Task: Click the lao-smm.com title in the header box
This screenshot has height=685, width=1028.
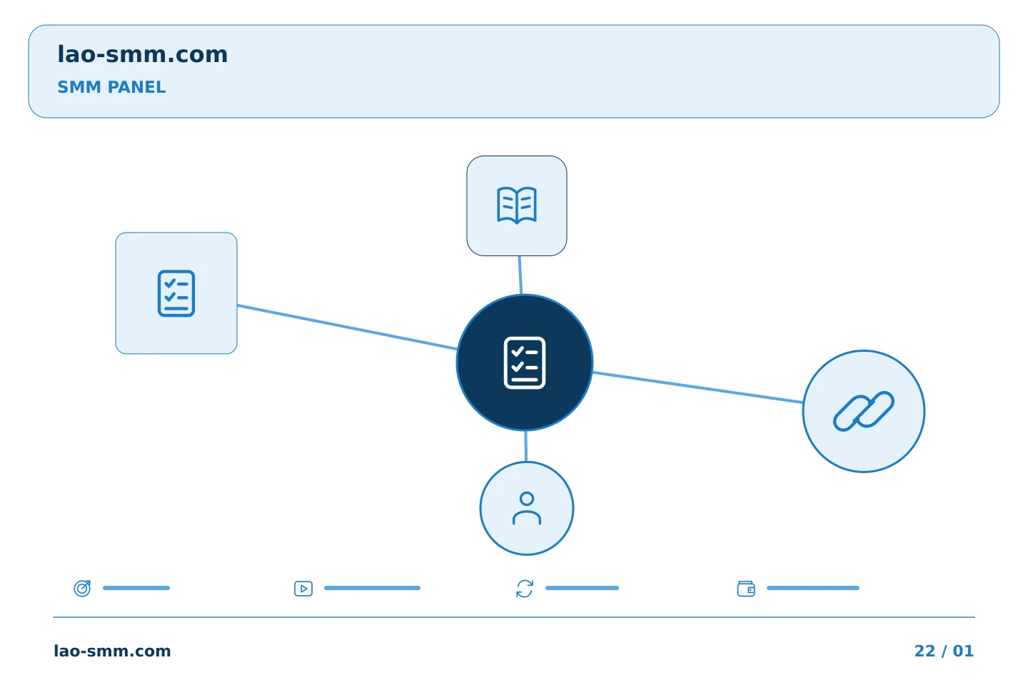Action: pyautogui.click(x=142, y=54)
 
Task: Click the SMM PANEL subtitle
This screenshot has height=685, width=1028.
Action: pyautogui.click(x=111, y=87)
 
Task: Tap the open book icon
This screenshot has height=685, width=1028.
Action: pyautogui.click(x=517, y=205)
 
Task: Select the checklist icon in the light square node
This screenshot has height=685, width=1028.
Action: pyautogui.click(x=176, y=293)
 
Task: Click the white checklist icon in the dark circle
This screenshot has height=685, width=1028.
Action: pyautogui.click(x=525, y=362)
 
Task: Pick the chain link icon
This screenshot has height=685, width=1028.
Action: pyautogui.click(x=864, y=411)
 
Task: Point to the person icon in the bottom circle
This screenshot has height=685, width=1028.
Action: pyautogui.click(x=527, y=508)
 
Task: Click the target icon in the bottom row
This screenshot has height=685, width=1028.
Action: pyautogui.click(x=83, y=588)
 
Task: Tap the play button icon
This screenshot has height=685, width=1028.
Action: pyautogui.click(x=303, y=589)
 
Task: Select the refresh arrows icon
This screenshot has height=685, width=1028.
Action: pyautogui.click(x=525, y=589)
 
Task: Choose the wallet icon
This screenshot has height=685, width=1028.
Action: pyautogui.click(x=746, y=589)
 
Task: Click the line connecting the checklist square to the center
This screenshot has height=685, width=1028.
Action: pyautogui.click(x=348, y=327)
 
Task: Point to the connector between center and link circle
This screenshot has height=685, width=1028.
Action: pyautogui.click(x=697, y=387)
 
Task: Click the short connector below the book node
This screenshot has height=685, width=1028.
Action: pyautogui.click(x=520, y=275)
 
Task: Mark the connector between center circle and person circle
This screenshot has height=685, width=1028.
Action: pyautogui.click(x=526, y=446)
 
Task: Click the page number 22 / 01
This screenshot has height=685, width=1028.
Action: pyautogui.click(x=944, y=651)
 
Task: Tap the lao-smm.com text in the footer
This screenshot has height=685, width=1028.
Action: pyautogui.click(x=113, y=651)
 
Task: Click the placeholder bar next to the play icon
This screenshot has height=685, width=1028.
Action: pyautogui.click(x=372, y=588)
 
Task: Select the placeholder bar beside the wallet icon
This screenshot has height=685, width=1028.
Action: pyautogui.click(x=812, y=588)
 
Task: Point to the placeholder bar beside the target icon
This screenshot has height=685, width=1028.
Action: pyautogui.click(x=136, y=588)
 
